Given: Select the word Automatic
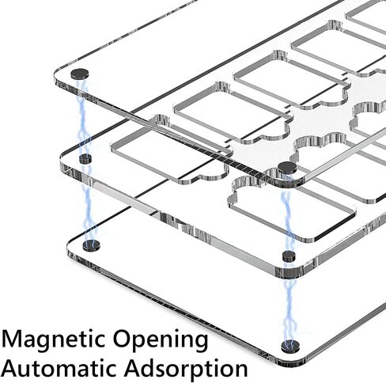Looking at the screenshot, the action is (x=60, y=367).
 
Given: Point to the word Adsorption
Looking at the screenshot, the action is (x=186, y=369).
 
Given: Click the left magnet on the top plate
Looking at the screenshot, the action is (x=80, y=74).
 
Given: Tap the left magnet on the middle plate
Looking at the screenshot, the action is (x=85, y=159).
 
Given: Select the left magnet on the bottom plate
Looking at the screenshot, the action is (x=91, y=245).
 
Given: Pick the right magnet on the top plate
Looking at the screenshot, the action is (x=287, y=168).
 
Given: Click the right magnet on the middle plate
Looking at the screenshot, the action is (x=289, y=256).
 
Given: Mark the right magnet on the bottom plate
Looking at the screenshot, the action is (x=290, y=347).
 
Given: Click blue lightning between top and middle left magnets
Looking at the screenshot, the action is (x=82, y=117).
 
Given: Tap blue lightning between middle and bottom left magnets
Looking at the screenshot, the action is (x=89, y=202).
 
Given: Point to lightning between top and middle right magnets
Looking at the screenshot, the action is (x=287, y=212).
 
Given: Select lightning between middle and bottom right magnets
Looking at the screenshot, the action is (x=290, y=301).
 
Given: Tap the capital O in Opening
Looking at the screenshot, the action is (x=123, y=339).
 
